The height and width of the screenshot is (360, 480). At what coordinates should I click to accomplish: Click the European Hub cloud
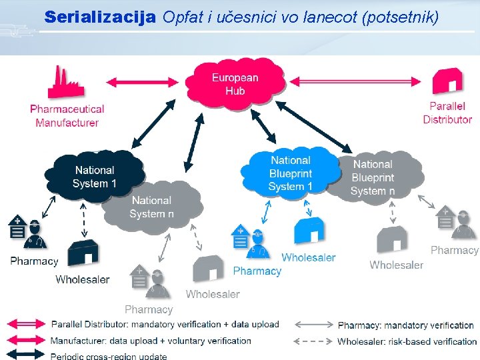point(235,84)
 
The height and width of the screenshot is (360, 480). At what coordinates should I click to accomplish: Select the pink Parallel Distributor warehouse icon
point(447,81)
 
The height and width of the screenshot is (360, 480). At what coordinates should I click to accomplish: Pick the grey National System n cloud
point(152,207)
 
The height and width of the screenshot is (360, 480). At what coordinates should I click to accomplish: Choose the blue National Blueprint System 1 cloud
point(291,173)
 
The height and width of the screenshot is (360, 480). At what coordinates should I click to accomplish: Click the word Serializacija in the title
point(99,17)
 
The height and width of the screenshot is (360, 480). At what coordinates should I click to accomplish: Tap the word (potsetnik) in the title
point(399,17)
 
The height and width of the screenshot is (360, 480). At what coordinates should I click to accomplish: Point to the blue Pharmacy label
point(257,271)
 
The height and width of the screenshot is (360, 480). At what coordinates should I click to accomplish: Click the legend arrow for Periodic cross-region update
point(26,355)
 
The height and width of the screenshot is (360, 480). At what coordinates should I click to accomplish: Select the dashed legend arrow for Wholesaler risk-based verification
point(313,341)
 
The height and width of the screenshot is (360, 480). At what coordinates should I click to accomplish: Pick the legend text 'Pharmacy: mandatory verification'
point(405,325)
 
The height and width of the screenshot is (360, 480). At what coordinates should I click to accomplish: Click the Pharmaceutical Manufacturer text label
point(67,115)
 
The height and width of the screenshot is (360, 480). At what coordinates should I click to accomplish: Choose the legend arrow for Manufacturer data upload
point(26,340)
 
